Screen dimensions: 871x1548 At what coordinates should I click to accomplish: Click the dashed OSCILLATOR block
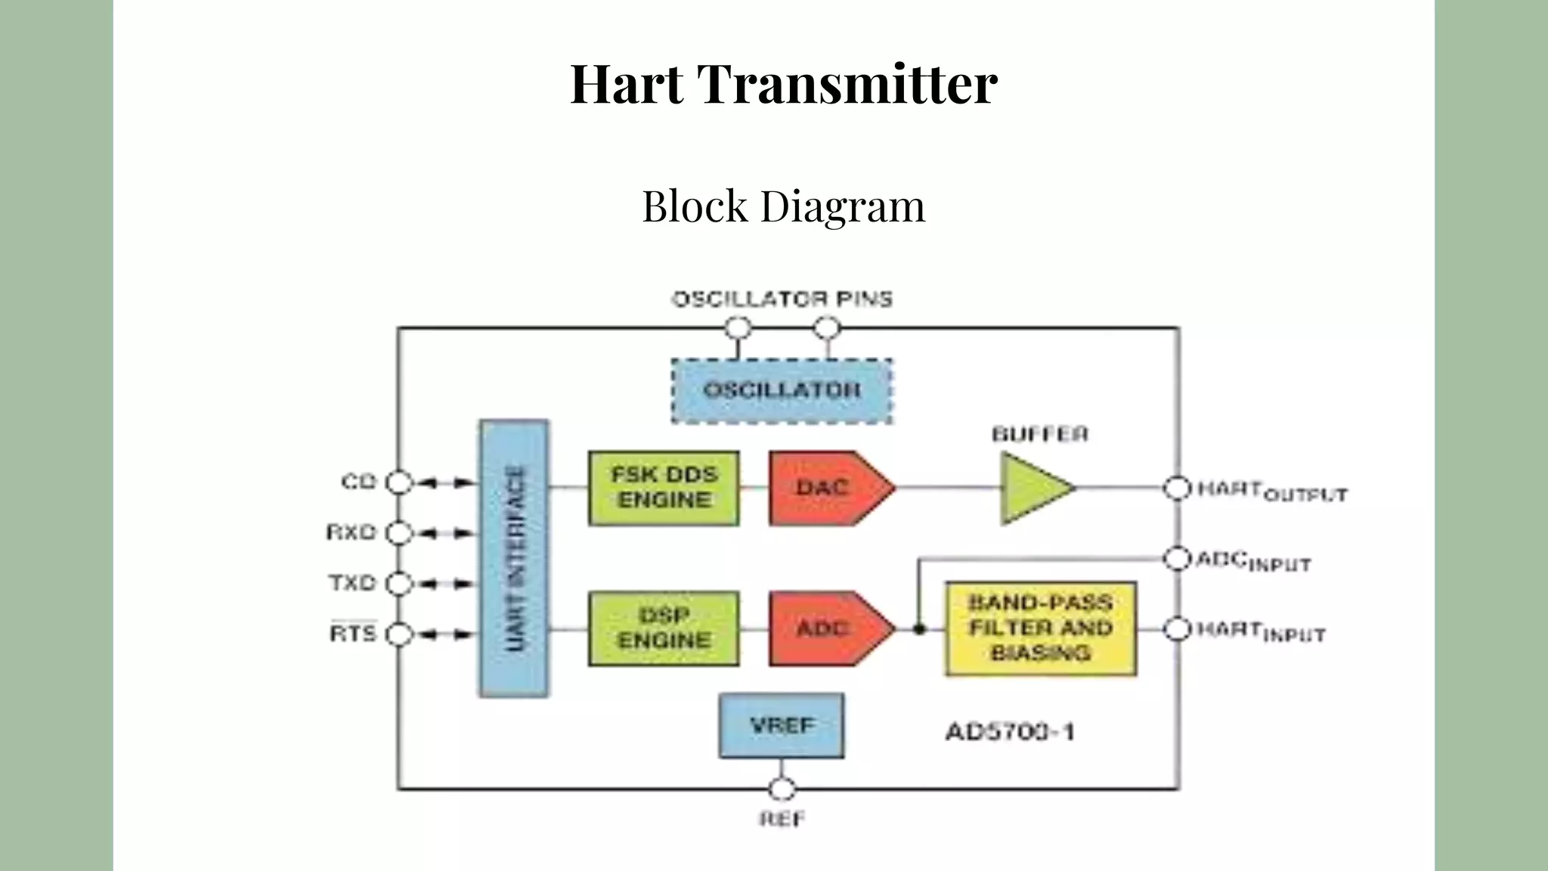(x=782, y=391)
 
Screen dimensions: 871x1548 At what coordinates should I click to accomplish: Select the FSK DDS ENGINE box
(x=664, y=488)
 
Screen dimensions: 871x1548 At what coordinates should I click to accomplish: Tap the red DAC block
(x=824, y=488)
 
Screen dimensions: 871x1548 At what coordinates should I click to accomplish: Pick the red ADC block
(x=824, y=628)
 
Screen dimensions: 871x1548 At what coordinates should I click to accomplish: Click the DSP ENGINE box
(x=664, y=628)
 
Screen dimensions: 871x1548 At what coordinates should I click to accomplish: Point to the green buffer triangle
(x=1033, y=488)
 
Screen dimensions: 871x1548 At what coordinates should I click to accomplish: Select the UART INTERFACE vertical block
(x=514, y=558)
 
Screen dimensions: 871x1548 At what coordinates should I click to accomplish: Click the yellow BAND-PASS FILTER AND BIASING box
(x=1041, y=628)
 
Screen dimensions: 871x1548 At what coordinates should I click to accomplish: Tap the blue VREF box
(x=782, y=725)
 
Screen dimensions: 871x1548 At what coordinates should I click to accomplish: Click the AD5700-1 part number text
(x=1010, y=732)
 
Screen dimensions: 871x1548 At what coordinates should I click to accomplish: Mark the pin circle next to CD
(x=399, y=482)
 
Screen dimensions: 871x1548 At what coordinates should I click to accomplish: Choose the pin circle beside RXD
(x=399, y=533)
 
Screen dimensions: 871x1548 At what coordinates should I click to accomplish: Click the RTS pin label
(x=353, y=633)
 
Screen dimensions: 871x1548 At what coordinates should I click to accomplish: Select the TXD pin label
(x=352, y=583)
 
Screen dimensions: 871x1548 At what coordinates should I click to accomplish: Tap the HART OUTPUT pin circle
(x=1177, y=488)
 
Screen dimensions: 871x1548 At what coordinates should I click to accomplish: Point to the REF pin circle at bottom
(x=782, y=789)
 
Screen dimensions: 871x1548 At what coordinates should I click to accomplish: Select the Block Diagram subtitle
(x=783, y=206)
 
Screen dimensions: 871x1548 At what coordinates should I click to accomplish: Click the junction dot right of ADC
(x=919, y=628)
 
